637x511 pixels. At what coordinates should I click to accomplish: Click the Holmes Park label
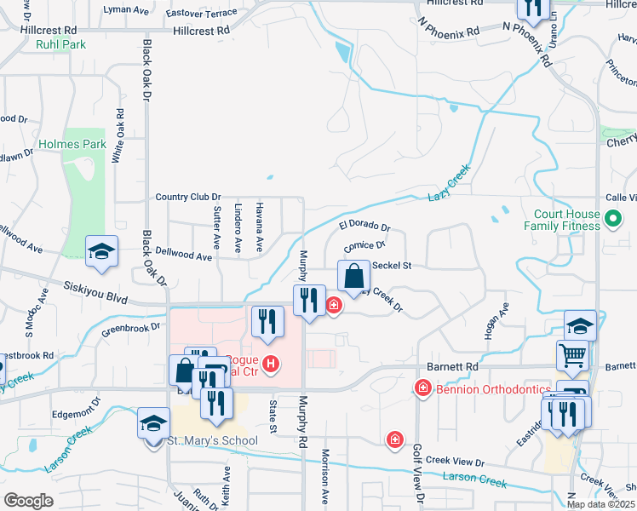coord(72,144)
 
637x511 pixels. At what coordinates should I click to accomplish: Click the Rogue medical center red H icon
coord(271,365)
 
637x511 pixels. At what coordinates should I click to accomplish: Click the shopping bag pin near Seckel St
coord(353,276)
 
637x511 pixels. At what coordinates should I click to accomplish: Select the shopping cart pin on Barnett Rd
coord(572,354)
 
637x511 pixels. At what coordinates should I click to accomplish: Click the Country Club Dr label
coord(188,197)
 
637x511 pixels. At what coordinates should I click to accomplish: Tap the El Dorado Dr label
coord(364,227)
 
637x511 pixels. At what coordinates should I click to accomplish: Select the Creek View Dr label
coord(455,461)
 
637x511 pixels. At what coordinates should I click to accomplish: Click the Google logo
coord(28,501)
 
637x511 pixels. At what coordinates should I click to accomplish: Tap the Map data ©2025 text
coord(601,504)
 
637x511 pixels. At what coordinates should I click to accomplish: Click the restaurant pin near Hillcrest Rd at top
coord(531,9)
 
